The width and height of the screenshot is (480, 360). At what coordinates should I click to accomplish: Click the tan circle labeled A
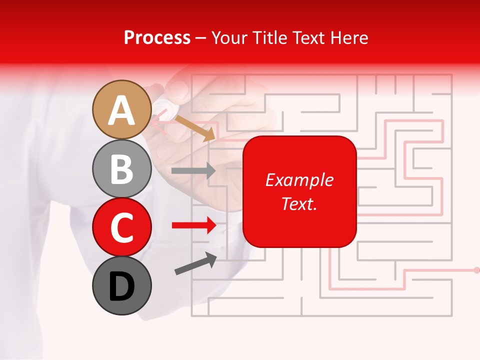pyautogui.click(x=121, y=109)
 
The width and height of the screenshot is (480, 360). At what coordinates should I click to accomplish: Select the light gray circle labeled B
pyautogui.click(x=121, y=168)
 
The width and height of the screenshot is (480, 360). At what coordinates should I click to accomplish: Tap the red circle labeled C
pyautogui.click(x=121, y=227)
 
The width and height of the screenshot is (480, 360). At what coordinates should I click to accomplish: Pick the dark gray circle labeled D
pyautogui.click(x=121, y=285)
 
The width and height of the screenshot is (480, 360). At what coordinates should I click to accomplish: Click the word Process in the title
pyautogui.click(x=157, y=37)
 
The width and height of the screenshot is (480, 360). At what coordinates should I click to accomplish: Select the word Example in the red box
pyautogui.click(x=299, y=180)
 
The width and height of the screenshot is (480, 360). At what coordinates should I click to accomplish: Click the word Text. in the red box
pyautogui.click(x=299, y=203)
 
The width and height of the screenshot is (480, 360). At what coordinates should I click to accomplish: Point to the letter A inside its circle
pyautogui.click(x=121, y=110)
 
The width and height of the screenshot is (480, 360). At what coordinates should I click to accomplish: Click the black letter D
pyautogui.click(x=121, y=286)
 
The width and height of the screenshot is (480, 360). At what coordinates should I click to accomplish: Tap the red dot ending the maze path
pyautogui.click(x=476, y=270)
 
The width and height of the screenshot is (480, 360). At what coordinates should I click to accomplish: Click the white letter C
pyautogui.click(x=121, y=227)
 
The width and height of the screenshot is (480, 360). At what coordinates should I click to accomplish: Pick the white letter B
pyautogui.click(x=121, y=169)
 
